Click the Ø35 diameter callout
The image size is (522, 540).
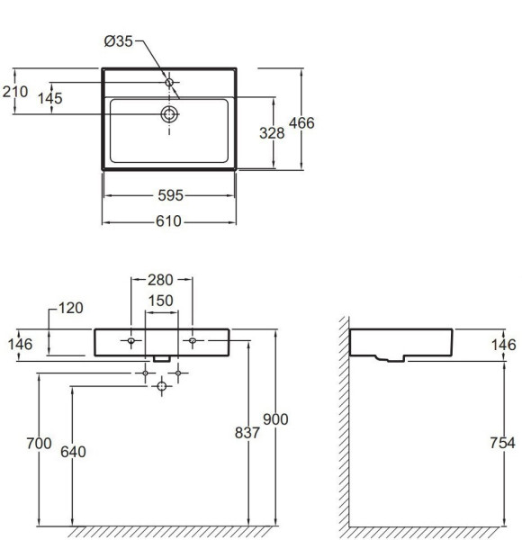click(x=118, y=41)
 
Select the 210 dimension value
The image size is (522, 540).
click(x=15, y=92)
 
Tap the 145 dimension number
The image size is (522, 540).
click(x=49, y=98)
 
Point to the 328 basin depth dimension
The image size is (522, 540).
click(x=272, y=133)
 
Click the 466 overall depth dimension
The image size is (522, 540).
click(x=301, y=123)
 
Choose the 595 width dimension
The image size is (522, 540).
click(x=170, y=195)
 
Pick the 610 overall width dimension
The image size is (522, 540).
click(x=168, y=221)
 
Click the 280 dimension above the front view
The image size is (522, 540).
click(x=160, y=280)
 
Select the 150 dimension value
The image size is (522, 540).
click(x=160, y=301)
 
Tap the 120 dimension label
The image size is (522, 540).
click(x=70, y=308)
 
